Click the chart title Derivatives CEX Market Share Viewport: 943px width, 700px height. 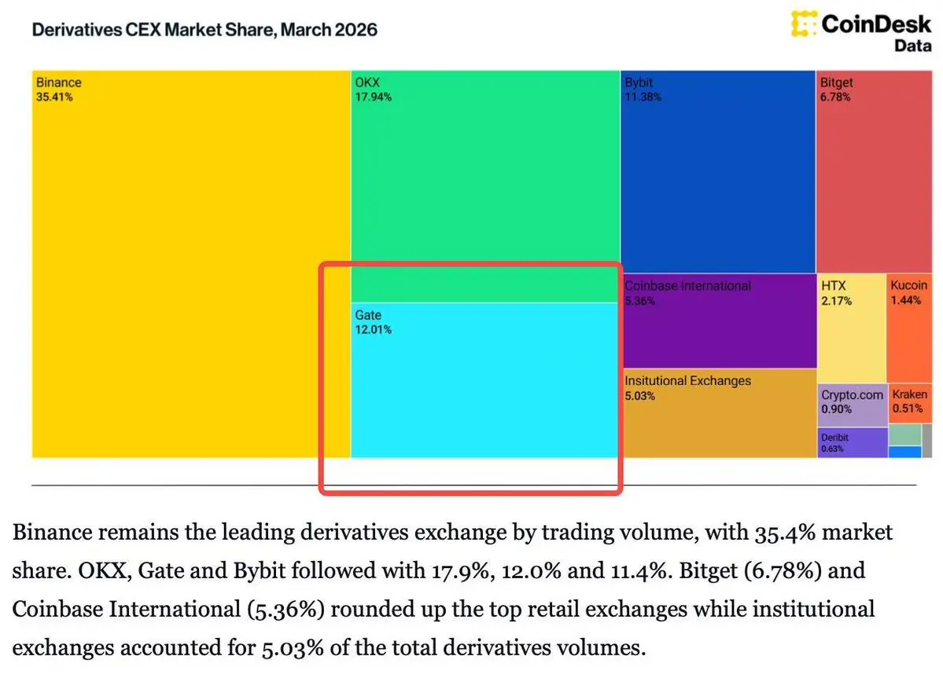(204, 31)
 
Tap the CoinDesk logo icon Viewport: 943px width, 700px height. (803, 24)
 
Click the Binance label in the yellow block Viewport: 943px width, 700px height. (58, 82)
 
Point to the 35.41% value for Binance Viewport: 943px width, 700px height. (55, 97)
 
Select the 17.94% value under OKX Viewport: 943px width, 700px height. (374, 97)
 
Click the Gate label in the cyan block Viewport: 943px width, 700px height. (368, 315)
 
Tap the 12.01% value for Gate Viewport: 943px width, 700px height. (374, 330)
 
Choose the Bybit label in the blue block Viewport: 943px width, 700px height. (639, 82)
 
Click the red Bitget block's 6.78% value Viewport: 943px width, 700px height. (835, 97)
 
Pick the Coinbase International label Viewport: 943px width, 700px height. (688, 286)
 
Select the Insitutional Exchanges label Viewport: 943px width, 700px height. (688, 381)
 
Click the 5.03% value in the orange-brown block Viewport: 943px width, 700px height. (640, 396)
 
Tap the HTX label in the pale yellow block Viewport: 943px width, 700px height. (834, 286)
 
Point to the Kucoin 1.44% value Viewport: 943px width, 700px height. (906, 301)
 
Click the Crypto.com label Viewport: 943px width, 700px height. (853, 395)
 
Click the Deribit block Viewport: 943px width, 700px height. (852, 442)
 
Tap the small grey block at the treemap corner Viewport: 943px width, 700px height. (926, 441)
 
